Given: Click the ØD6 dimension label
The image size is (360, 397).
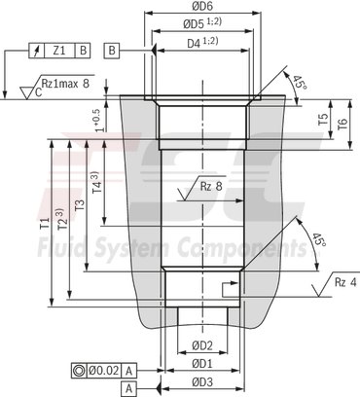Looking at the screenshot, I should (201, 8).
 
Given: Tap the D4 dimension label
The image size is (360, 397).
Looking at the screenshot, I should (200, 44).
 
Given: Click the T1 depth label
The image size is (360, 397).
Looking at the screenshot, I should (44, 224).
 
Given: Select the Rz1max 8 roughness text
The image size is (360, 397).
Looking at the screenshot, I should (69, 83).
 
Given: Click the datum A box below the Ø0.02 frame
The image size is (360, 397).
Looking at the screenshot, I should (128, 387).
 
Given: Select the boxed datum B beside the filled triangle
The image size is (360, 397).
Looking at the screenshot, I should (113, 49).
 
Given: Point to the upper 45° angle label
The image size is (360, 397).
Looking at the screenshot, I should (299, 83).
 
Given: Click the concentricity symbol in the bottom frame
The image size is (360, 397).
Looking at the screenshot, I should (78, 370).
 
